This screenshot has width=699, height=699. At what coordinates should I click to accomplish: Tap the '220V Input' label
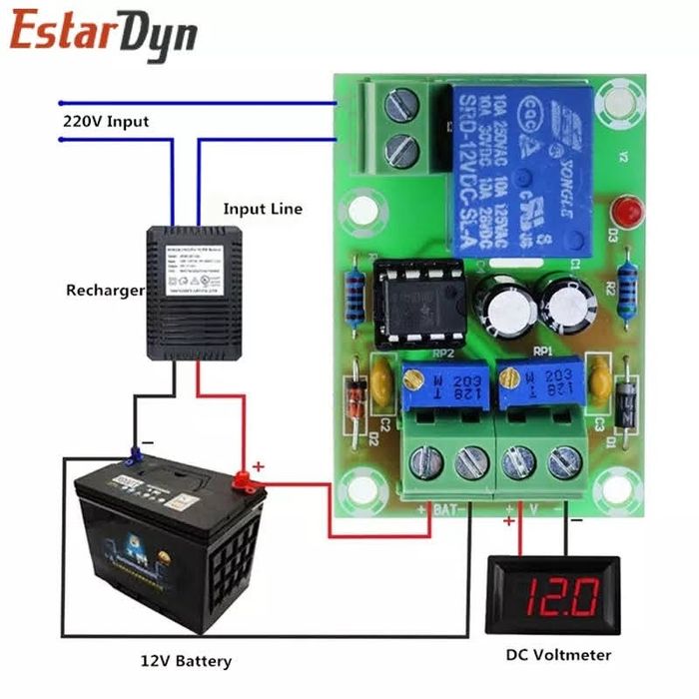[x=106, y=122]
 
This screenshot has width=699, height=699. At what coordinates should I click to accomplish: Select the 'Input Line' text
[x=262, y=209]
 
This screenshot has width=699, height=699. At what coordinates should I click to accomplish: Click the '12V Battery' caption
[x=186, y=660]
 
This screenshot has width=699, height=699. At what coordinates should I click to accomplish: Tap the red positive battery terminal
[x=244, y=481]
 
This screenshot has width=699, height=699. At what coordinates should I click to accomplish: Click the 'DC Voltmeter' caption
[x=558, y=655]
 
